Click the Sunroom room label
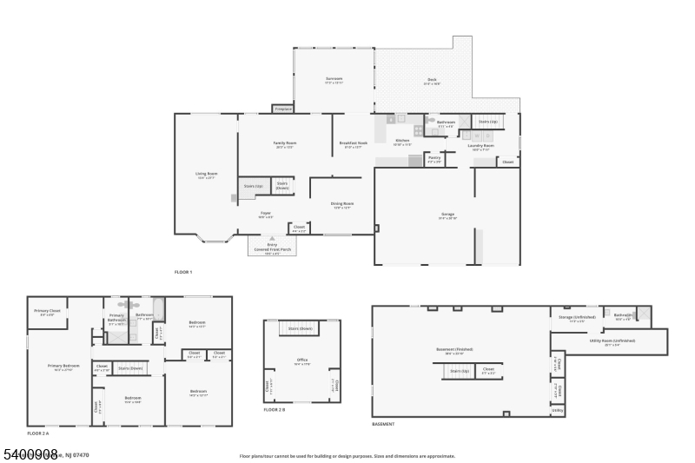tap(334, 79)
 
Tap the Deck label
tap(432, 80)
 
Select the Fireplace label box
tap(283, 109)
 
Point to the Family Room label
tap(284, 143)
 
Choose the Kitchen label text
tap(402, 141)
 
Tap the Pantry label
tap(434, 158)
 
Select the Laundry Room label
tap(481, 146)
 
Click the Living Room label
tap(206, 175)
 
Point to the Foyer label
tap(267, 213)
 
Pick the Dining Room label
tap(341, 204)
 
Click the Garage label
tap(447, 215)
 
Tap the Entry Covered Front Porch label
tap(272, 248)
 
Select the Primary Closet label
tap(47, 311)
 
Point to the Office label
tap(301, 361)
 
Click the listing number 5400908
tap(30, 454)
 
